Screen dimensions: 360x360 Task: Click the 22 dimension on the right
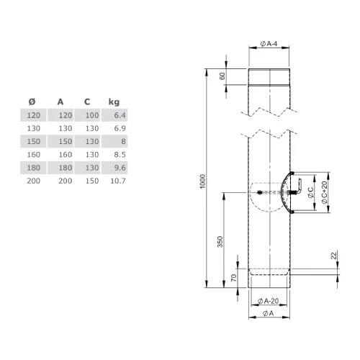(333, 256)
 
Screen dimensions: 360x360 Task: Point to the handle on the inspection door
(294, 188)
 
